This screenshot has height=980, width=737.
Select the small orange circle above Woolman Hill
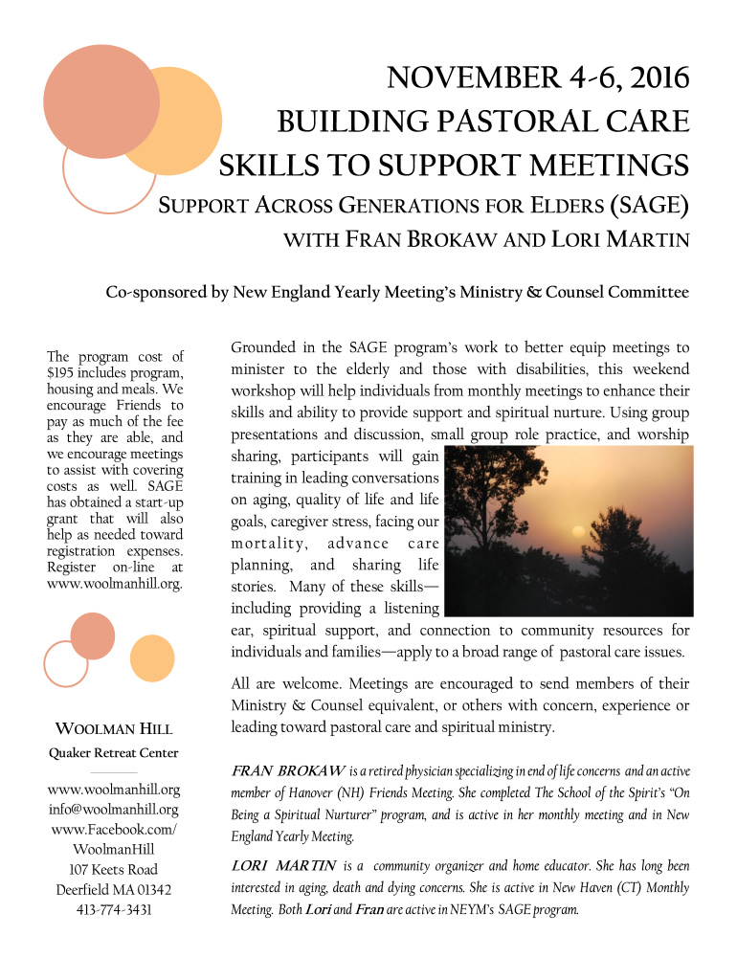point(151,657)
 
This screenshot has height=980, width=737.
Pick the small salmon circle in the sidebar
point(93,636)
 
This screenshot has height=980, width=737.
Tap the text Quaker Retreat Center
point(113,752)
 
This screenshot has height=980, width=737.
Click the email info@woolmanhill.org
point(113,810)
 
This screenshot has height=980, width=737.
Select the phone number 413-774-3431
point(113,909)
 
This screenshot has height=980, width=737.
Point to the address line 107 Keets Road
point(113,869)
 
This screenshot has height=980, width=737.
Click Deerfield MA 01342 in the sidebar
point(113,889)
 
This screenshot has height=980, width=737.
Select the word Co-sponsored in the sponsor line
point(153,293)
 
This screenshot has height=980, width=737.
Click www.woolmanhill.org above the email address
point(113,790)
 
